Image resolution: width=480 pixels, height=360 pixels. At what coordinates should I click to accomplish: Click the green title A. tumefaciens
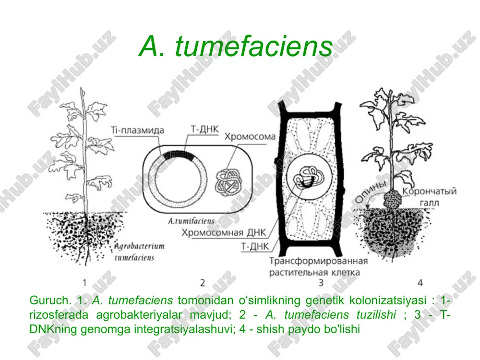click(x=235, y=46)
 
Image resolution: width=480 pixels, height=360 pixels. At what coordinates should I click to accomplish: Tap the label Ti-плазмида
click(x=137, y=130)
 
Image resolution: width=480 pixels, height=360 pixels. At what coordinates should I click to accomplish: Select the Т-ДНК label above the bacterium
click(x=204, y=129)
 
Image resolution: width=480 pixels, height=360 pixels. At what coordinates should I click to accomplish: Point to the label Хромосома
click(x=250, y=136)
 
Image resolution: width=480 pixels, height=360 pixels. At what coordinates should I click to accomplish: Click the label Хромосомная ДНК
click(x=224, y=233)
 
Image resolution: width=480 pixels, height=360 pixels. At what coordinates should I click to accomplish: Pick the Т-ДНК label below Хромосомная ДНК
click(x=255, y=246)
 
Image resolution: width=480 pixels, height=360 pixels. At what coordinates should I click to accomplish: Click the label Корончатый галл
click(x=429, y=197)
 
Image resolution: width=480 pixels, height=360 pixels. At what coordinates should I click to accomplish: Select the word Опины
click(x=371, y=192)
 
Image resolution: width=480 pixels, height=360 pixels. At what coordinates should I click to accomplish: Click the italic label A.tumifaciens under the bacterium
click(x=191, y=221)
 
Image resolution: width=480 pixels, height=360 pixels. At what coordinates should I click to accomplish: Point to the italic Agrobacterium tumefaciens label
click(x=139, y=252)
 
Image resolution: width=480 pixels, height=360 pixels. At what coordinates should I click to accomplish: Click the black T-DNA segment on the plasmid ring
click(x=179, y=155)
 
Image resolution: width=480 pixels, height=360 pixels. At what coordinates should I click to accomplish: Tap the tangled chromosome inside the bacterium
click(x=228, y=182)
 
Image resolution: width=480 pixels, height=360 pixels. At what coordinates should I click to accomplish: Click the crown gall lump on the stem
click(x=392, y=199)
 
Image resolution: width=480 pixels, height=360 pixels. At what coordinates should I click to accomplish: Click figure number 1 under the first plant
click(x=84, y=283)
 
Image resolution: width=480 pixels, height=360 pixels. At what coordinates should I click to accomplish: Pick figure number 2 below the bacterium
click(x=203, y=283)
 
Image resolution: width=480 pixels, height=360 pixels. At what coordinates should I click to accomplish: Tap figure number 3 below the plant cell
click(x=321, y=283)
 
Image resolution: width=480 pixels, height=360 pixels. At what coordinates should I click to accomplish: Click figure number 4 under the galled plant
click(x=420, y=283)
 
